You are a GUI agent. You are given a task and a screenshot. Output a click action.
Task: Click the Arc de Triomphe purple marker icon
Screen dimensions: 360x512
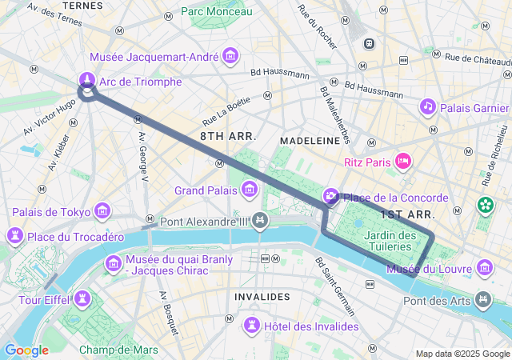click(x=86, y=79)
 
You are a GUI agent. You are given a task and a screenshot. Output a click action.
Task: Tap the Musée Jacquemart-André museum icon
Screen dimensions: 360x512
click(x=231, y=55)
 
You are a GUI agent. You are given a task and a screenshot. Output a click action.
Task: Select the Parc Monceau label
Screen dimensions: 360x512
click(x=216, y=11)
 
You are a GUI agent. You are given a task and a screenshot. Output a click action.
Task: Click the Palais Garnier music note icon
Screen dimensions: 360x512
click(x=428, y=106)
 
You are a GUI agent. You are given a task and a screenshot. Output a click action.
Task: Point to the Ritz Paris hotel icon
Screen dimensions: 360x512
click(x=404, y=162)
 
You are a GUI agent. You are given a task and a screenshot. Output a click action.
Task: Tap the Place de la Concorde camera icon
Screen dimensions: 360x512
click(x=330, y=197)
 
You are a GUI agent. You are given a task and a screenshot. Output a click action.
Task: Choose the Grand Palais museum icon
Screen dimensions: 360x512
click(x=250, y=190)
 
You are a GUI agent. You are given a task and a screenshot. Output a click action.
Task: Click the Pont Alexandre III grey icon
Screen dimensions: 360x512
click(x=259, y=220)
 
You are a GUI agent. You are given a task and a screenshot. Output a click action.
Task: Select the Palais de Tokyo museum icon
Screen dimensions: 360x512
click(x=102, y=211)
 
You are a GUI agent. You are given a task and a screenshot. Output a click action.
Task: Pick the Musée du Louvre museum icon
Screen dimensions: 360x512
click(x=484, y=267)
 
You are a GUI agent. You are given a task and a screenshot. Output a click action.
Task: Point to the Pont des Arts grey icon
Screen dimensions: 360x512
click(x=483, y=299)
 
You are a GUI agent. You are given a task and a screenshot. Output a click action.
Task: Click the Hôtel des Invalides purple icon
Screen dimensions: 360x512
click(x=252, y=325)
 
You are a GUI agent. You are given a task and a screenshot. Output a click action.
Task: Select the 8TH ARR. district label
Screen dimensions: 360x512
click(x=228, y=137)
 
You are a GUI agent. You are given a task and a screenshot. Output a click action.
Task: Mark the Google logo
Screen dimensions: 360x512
click(x=26, y=350)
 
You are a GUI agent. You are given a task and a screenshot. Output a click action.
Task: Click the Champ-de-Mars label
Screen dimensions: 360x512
click(x=118, y=350)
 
